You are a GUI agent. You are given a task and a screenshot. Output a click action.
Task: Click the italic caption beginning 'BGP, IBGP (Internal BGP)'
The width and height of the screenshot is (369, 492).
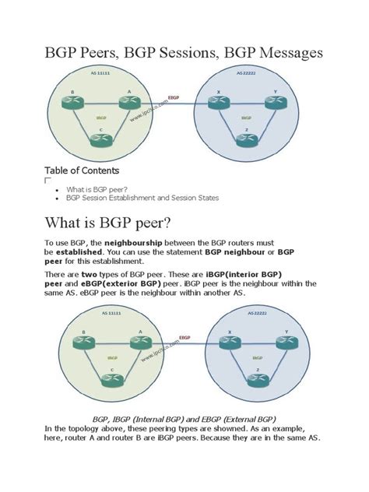pyautogui.click(x=184, y=418)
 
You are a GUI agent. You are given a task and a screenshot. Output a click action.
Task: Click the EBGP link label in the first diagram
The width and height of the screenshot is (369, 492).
pyautogui.click(x=173, y=97)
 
